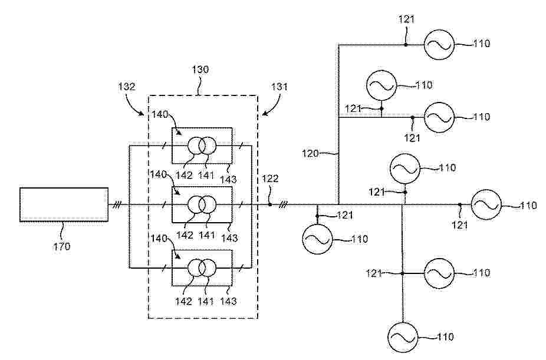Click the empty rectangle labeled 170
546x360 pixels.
pyautogui.click(x=64, y=204)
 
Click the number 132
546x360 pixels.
pyautogui.click(x=127, y=87)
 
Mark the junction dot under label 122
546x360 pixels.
pyautogui.click(x=269, y=205)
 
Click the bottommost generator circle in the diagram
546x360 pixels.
pyautogui.click(x=403, y=337)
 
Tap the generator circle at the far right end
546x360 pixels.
pyautogui.click(x=486, y=205)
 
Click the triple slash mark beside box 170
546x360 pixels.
pyautogui.click(x=117, y=205)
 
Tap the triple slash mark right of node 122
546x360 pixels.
pyautogui.click(x=284, y=205)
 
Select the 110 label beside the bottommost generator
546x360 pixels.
pyautogui.click(x=445, y=337)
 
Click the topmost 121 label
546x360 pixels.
pyautogui.click(x=406, y=19)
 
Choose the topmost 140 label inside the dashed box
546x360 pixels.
pyautogui.click(x=160, y=115)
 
